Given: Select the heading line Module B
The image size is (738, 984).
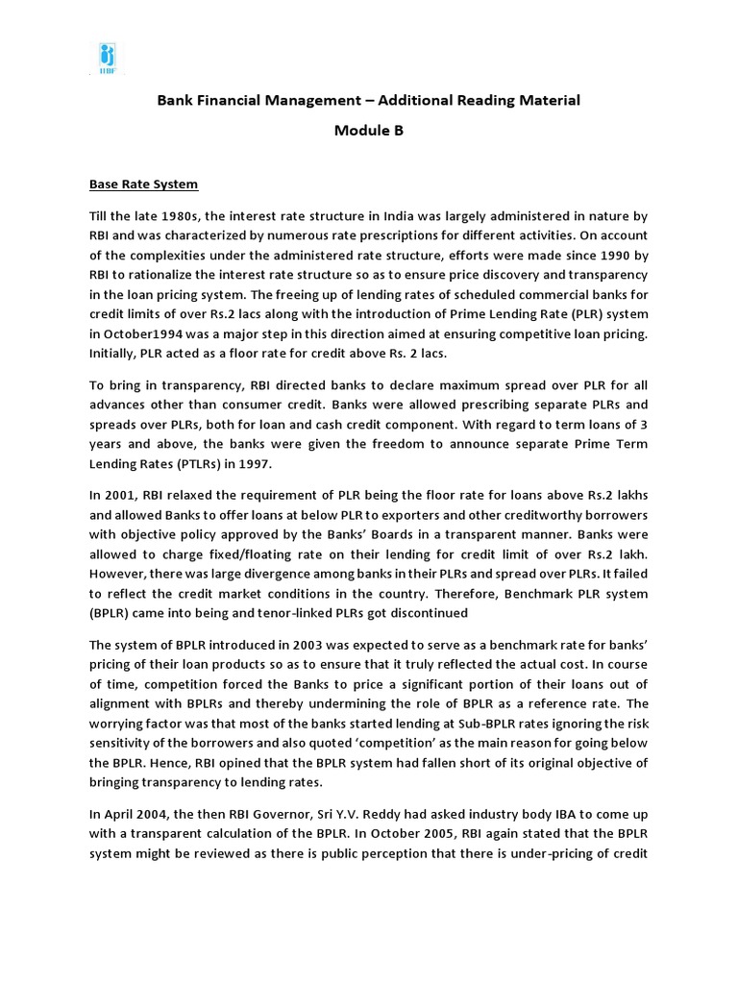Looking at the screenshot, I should (368, 132).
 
